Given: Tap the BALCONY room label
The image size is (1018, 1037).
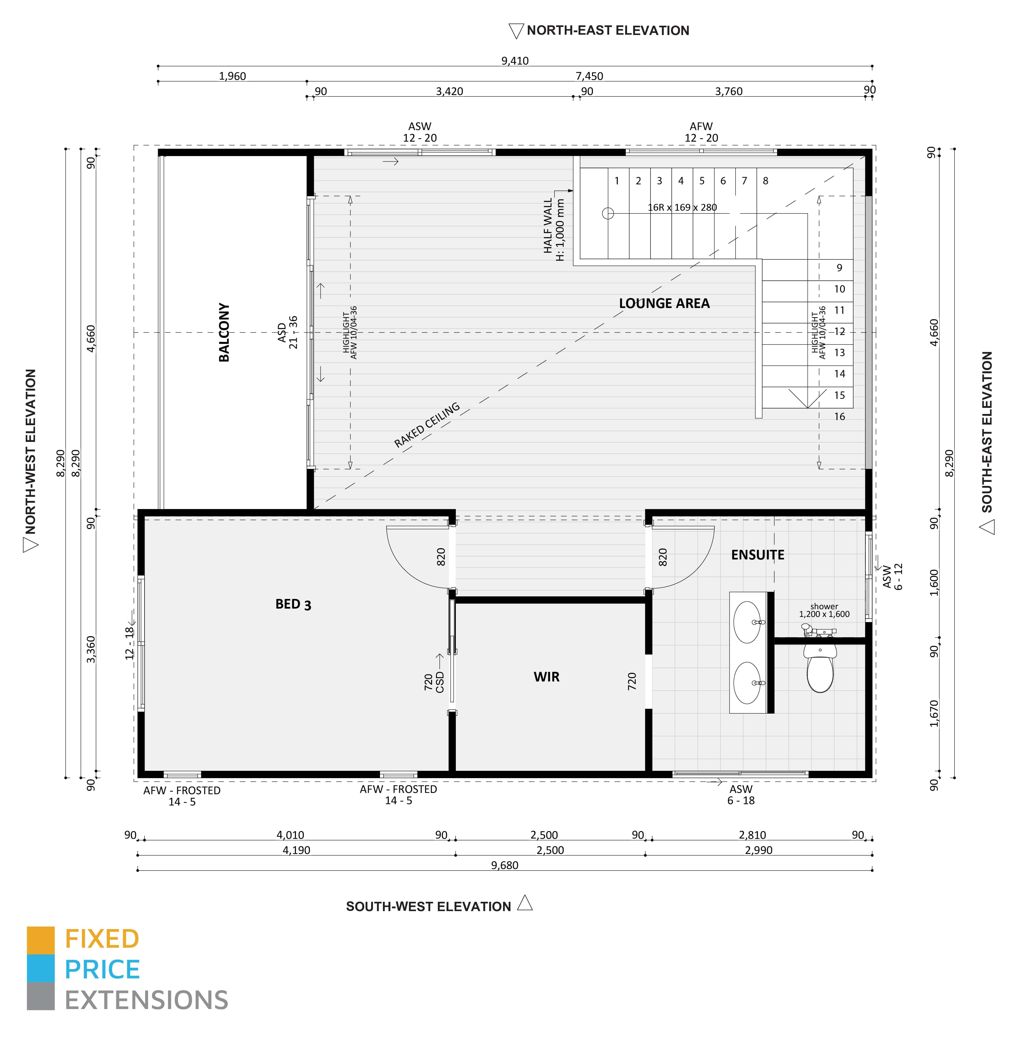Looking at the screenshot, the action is click(224, 332).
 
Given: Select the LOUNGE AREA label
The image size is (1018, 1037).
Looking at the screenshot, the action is click(664, 303).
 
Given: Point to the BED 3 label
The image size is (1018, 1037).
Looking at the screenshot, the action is click(293, 604).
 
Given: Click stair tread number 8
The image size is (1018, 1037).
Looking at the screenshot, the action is click(766, 181).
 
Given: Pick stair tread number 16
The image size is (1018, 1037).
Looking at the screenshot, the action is click(839, 417).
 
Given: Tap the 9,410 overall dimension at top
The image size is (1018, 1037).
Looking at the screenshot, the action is click(515, 61).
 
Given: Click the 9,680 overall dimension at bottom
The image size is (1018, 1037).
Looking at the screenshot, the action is click(505, 866).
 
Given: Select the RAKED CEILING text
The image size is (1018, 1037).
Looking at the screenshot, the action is click(427, 425).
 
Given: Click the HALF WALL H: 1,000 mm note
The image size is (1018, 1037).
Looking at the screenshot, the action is click(553, 230).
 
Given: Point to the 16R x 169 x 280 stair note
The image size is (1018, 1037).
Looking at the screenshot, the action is click(682, 207).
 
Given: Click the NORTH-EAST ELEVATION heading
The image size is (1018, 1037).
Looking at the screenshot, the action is click(608, 31).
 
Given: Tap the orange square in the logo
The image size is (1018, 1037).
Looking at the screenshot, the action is click(40, 940).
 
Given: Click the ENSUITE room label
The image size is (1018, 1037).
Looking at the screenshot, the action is click(757, 555).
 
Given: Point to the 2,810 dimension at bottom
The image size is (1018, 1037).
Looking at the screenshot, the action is click(752, 835).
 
